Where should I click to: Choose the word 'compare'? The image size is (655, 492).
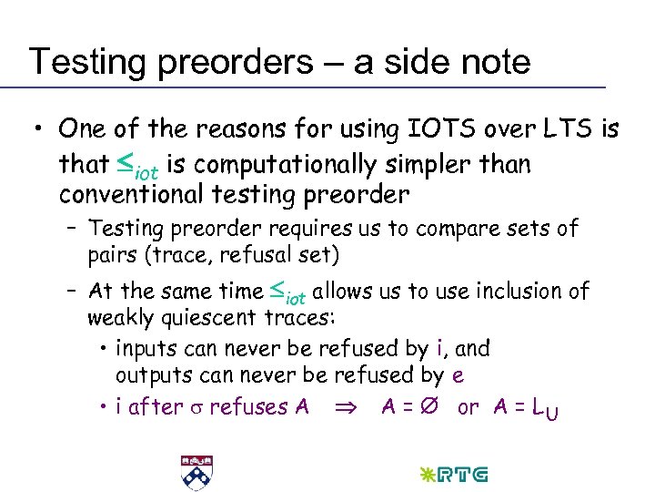coord(438,229)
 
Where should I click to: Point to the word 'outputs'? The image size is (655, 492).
coord(151,375)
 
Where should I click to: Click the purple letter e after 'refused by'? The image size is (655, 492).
coord(458,376)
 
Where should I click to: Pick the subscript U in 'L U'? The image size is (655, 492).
coord(552,413)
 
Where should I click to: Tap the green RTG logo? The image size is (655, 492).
coord(449,474)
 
